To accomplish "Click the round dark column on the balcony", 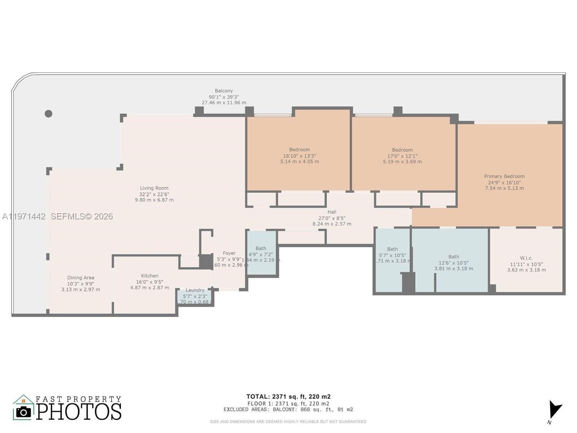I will (x=48, y=114).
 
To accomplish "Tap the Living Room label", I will (x=154, y=188).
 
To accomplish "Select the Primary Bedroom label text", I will (x=504, y=176).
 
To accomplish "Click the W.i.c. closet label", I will (x=526, y=258).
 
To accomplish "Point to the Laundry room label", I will (x=195, y=290).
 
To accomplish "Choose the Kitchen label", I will (x=150, y=276).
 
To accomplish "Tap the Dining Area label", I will (x=81, y=277).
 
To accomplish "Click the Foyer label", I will (x=229, y=253).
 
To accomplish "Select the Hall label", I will (x=332, y=212).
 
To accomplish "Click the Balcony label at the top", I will (x=224, y=91).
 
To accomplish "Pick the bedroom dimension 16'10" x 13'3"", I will (x=299, y=156).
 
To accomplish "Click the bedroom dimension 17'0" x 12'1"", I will (x=402, y=156).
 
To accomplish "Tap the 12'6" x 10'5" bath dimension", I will (x=454, y=263).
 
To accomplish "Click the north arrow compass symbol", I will (x=554, y=410).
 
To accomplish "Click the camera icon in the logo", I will (x=24, y=412).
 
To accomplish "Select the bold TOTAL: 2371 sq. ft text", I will (x=288, y=397).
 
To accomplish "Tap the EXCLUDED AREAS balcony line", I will (x=288, y=409).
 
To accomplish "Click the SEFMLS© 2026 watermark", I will (x=82, y=216).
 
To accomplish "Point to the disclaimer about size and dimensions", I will (x=288, y=421).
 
